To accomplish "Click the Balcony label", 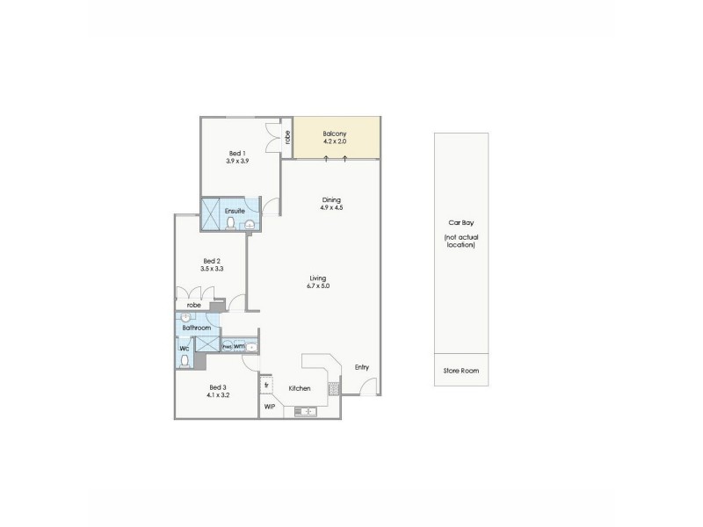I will pos(336,133).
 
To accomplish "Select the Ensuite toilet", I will pos(231,224).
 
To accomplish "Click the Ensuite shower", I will pos(212,213).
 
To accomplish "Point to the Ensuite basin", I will pos(250,225).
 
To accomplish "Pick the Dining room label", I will pos(331,199).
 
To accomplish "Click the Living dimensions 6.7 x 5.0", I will pos(317,285).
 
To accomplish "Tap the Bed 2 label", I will pos(210,260).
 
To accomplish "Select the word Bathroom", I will pos(197,328).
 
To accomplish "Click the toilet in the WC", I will pos(185,359).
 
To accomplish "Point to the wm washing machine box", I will pos(239,347).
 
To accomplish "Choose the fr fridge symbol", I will pos(266,385).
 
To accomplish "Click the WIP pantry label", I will pos(269,408).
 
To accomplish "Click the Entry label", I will pos(361,367).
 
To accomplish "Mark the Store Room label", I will pos(462,371).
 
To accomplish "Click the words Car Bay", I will pos(462,223).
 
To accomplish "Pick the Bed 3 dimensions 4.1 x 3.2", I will pos(219,395).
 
